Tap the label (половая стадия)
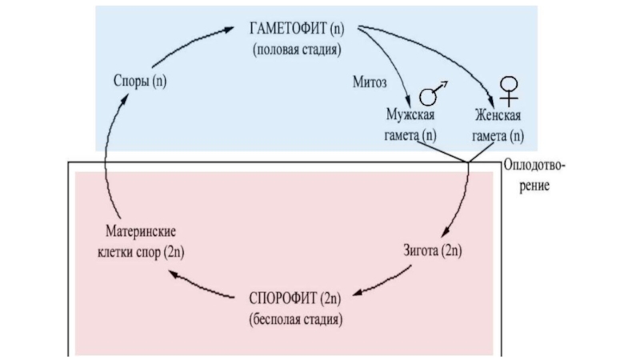[x=298, y=50]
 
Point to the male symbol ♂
[x=433, y=94]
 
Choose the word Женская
[x=497, y=117]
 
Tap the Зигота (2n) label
[x=432, y=251]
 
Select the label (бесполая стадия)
[x=297, y=321]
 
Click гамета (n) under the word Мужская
[x=410, y=136]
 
